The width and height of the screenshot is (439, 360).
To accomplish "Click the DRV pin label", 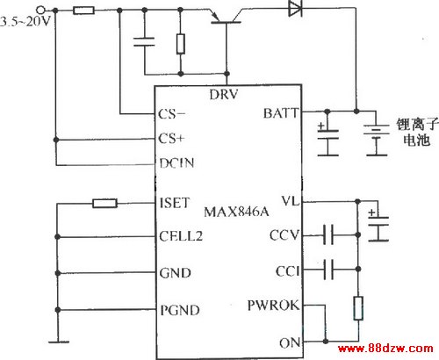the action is pos(224,95).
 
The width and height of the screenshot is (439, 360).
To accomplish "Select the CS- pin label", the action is pos(171,114).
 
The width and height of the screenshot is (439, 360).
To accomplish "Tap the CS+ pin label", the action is pos(171,139).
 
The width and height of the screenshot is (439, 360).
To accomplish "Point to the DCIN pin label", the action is pos(176,163).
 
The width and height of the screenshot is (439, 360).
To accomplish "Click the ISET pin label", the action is pos(175,203).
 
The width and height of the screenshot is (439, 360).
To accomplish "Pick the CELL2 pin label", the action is pos(181,236).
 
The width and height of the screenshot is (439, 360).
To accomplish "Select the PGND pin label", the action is pos(180,310).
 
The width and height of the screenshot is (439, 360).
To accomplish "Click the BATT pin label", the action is pos(281,113).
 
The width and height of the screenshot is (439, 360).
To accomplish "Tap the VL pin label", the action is pos(291,201).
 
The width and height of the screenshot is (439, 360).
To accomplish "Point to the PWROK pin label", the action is pos(273,306).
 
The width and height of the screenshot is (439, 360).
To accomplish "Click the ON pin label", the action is pos(290,342).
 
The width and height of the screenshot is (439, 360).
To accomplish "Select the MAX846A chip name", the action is pos(236,212).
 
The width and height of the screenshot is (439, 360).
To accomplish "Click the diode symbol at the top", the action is pos(295,8).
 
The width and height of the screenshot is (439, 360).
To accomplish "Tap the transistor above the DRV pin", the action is pos(226,18).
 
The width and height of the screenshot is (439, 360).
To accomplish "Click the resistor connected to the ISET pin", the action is pos(104,203).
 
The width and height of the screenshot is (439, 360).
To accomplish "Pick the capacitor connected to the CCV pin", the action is pos(328,234).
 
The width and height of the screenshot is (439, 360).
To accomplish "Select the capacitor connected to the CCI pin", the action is pos(328,269).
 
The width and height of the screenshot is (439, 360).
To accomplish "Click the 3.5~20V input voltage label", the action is pos(25,21).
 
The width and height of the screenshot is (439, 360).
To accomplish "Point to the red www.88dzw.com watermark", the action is pos(385,349).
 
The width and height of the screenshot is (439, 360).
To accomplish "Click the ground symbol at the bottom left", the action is pos(59,342).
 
